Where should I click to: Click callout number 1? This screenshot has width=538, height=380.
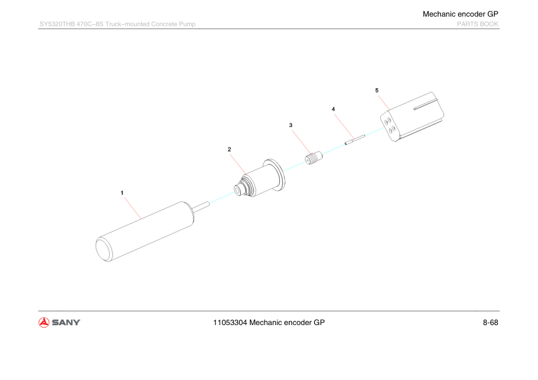122,193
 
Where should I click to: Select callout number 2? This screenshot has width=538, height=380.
229,149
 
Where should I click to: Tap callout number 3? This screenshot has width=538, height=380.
291,125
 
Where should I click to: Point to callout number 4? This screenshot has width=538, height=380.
333,109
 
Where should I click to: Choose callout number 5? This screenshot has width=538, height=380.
377,90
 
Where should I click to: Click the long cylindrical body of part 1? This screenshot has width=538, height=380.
145,231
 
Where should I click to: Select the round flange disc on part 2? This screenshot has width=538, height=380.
275,174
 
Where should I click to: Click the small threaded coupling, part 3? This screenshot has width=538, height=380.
314,158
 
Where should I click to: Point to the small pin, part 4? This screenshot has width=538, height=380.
355,140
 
